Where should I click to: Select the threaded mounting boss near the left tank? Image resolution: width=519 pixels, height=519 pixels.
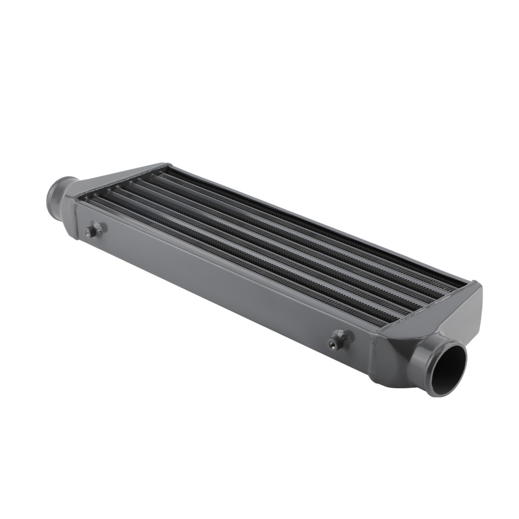(x=95, y=229)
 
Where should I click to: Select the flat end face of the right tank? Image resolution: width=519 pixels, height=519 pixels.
(x=470, y=317)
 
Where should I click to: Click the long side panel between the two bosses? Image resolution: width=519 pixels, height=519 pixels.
(x=218, y=275)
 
